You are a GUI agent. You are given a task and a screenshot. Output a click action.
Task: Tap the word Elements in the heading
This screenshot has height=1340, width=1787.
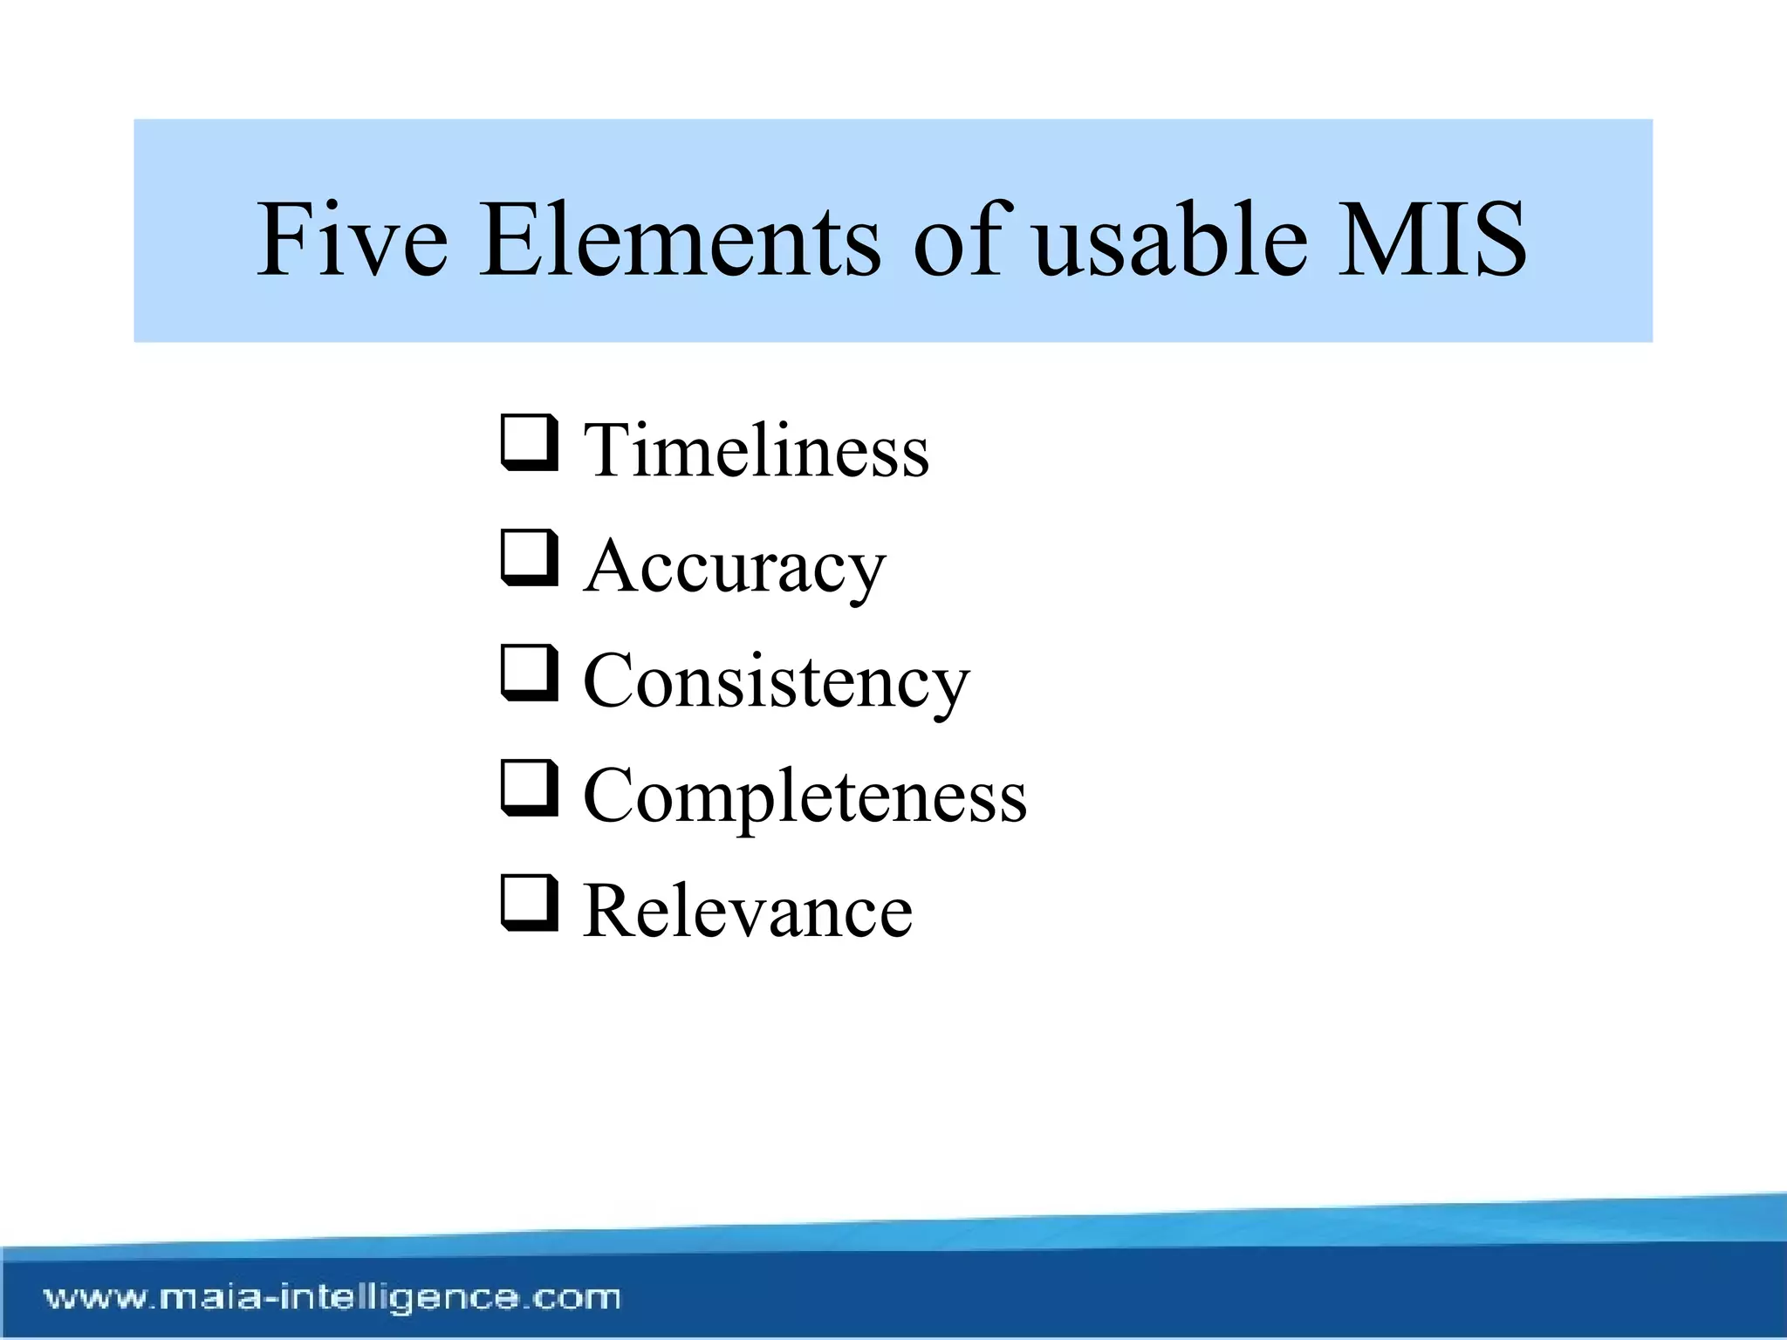680,240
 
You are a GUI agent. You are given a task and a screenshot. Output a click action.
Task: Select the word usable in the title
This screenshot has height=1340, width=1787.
1169,240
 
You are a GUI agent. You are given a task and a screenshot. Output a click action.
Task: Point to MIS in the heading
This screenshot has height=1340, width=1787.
1432,240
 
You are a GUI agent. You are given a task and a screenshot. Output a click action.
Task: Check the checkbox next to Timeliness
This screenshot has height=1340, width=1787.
529,442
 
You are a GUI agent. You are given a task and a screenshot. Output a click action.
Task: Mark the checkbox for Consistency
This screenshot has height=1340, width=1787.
529,673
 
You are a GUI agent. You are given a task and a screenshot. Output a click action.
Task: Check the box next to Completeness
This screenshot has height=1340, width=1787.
529,788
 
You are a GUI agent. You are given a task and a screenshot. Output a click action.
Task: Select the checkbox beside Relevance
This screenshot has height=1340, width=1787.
529,903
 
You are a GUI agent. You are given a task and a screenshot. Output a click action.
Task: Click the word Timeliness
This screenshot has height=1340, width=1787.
756,451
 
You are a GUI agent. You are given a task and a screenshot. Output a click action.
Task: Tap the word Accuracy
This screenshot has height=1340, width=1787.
735,567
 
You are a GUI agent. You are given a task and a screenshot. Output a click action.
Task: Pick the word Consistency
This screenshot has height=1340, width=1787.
776,682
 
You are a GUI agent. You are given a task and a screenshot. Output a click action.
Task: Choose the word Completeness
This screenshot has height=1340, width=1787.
804,796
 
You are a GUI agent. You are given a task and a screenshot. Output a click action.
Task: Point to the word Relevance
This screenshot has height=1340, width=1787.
748,912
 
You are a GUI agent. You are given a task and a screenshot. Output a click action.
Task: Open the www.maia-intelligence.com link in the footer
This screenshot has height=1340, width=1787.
332,1297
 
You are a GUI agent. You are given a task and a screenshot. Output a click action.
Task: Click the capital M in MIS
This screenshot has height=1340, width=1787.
1379,240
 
